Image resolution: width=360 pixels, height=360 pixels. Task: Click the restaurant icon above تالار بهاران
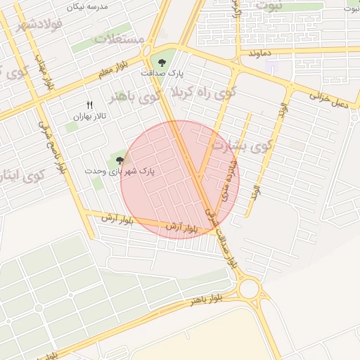click(89, 105)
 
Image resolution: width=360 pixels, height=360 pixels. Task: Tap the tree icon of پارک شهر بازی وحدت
click(117, 160)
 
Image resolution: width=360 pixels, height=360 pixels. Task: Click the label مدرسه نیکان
click(87, 6)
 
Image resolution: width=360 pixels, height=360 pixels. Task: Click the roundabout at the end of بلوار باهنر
click(248, 288)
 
